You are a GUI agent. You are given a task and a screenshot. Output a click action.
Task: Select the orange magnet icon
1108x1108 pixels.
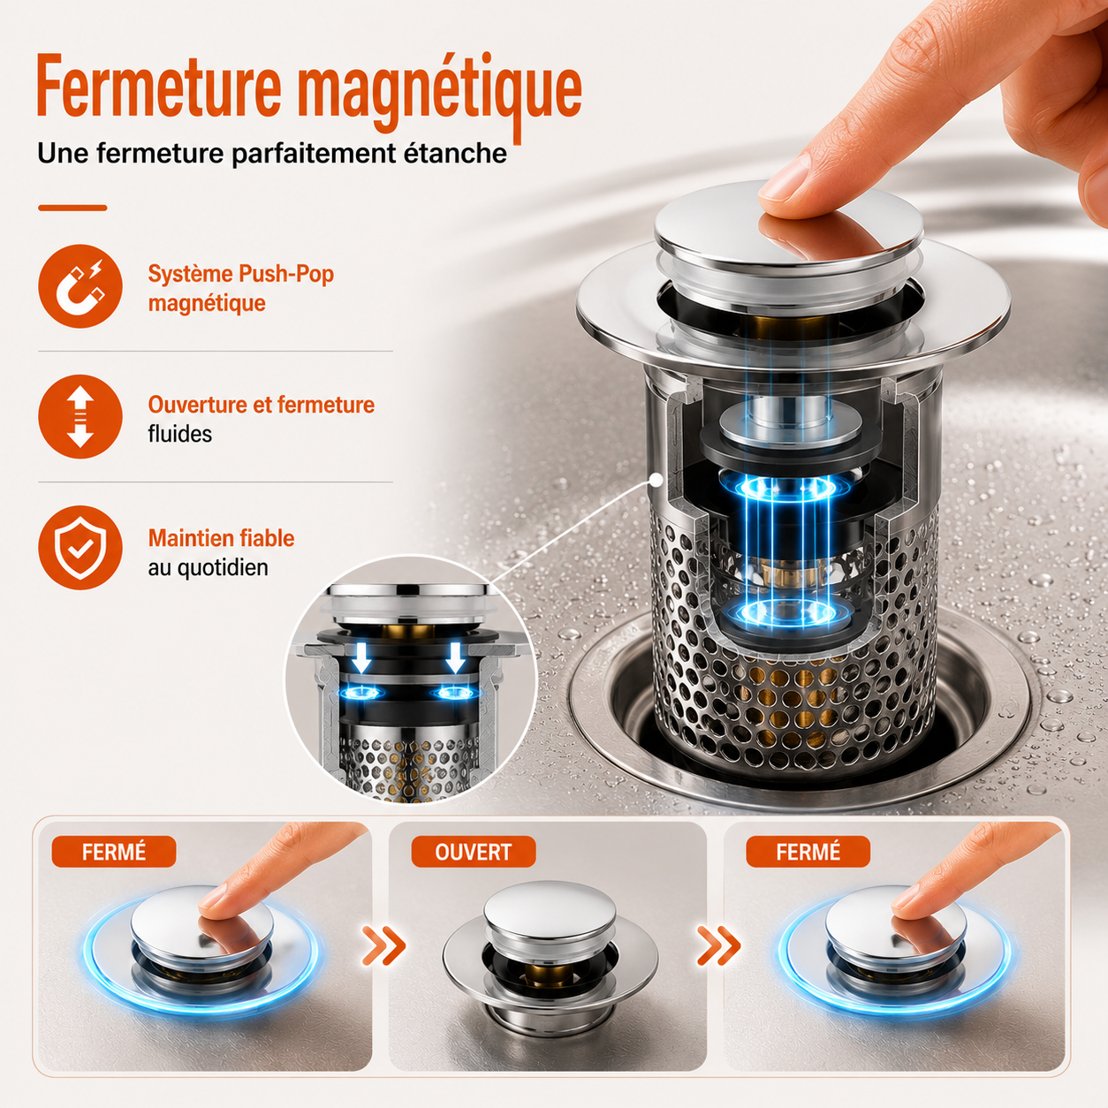click(80, 285)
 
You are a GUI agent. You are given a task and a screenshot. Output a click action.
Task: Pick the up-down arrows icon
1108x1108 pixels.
click(80, 416)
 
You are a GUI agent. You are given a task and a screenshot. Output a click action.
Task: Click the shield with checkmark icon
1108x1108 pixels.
click(80, 548)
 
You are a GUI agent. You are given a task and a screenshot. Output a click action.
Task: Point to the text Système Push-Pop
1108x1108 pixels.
click(241, 275)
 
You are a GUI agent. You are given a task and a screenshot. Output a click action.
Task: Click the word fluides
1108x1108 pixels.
click(180, 434)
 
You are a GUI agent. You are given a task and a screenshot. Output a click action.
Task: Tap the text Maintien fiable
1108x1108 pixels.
click(222, 538)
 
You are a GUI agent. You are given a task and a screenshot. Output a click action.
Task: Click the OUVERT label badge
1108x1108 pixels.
click(474, 852)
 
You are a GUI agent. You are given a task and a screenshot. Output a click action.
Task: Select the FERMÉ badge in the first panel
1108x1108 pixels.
click(114, 852)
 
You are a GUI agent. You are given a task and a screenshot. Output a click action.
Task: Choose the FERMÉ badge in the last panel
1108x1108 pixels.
click(808, 852)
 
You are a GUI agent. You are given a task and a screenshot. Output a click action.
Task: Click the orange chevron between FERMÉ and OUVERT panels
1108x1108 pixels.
click(383, 945)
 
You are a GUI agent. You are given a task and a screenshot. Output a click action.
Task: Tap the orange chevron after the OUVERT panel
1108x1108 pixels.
click(718, 945)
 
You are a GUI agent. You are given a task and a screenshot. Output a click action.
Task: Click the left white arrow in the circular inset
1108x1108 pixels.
click(361, 657)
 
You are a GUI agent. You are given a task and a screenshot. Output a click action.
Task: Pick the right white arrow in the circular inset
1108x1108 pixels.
click(455, 657)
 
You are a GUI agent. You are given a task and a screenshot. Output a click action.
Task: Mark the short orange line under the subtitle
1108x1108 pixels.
click(72, 208)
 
